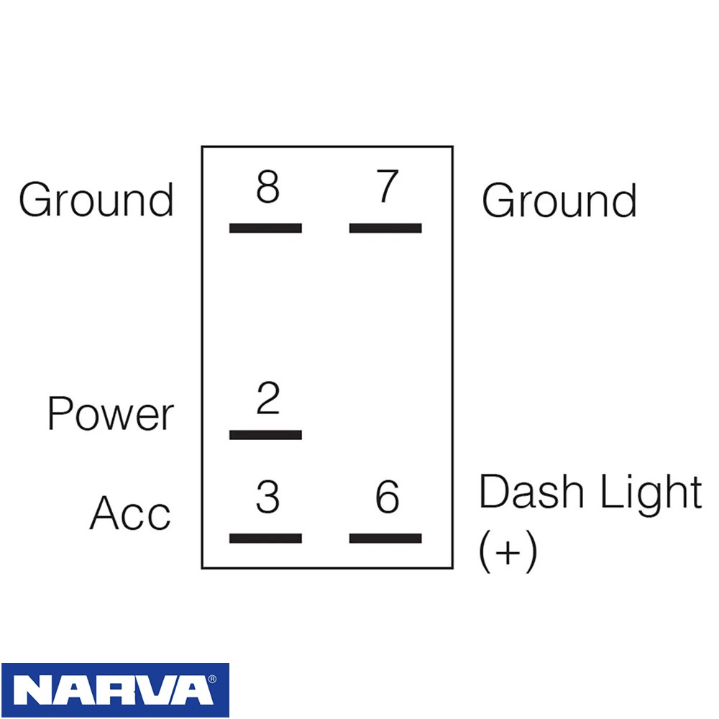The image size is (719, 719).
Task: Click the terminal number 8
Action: pos(267,187)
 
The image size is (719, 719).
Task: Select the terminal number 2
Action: pos(267,398)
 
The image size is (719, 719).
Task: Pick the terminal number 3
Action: pos(267,497)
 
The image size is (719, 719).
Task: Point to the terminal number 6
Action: pos(388,497)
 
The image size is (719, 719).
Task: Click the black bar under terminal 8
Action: pos(265,228)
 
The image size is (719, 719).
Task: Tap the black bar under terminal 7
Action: pos(385,228)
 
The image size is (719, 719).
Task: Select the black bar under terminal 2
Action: pos(265,435)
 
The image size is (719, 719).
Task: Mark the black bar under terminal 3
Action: pos(265,539)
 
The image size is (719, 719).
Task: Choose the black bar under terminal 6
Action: pos(385,539)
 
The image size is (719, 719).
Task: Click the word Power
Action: pos(111,413)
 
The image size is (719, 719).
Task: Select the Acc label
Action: pos(130,513)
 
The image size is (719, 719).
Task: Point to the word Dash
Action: pos(531,491)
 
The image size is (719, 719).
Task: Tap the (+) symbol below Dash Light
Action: pos(508,551)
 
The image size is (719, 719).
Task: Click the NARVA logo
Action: pos(115,690)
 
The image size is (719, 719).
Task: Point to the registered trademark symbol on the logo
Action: pos(212,679)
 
